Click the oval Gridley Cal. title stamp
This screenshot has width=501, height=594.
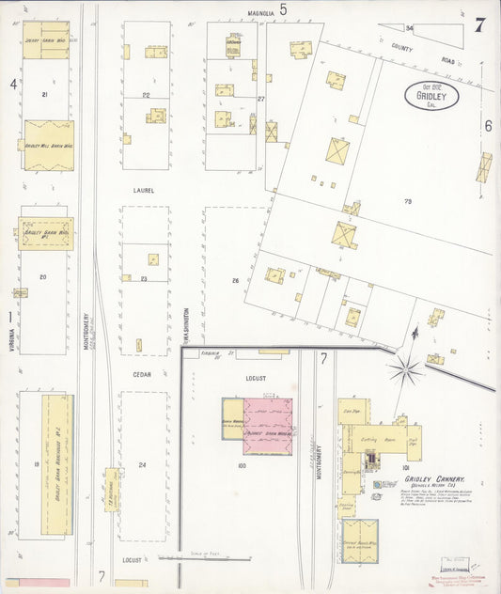pyautogui.click(x=432, y=96)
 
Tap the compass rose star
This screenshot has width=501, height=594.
pyautogui.click(x=406, y=368)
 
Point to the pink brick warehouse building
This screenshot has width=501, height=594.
pyautogui.click(x=268, y=426)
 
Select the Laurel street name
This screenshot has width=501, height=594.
pyautogui.click(x=144, y=189)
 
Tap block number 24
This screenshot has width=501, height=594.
pyautogui.click(x=143, y=465)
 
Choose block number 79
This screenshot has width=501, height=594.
pyautogui.click(x=409, y=201)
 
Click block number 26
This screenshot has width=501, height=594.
pyautogui.click(x=236, y=280)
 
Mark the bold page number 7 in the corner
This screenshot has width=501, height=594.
pyautogui.click(x=479, y=24)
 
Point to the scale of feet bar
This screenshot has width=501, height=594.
pyautogui.click(x=197, y=558)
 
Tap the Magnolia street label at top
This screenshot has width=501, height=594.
pyautogui.click(x=260, y=13)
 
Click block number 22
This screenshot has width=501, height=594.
pyautogui.click(x=146, y=95)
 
